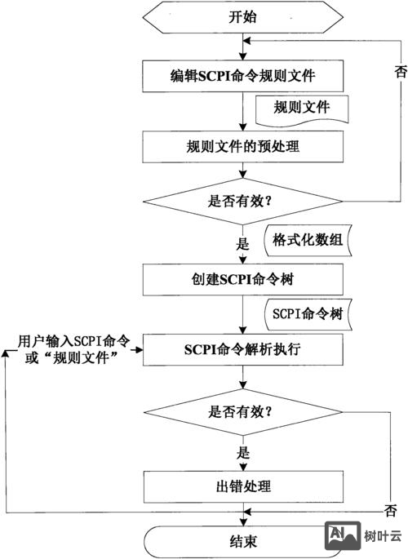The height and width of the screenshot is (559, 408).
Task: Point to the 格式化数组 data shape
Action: (x=302, y=240)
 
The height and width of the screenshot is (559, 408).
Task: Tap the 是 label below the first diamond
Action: (x=242, y=242)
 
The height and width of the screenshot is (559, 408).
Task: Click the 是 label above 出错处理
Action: (x=242, y=450)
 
